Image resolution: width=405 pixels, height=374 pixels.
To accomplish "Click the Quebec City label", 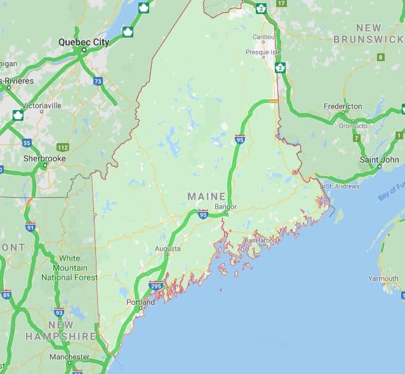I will point(84,42).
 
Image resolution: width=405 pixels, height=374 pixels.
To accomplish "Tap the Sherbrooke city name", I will point(44,158).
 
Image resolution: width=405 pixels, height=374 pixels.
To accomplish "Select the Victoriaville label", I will point(42,104).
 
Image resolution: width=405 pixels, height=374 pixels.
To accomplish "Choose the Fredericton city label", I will point(343,106).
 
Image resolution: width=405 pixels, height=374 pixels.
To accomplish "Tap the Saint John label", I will point(379,160).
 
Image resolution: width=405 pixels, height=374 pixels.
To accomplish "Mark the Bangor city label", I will point(225,207).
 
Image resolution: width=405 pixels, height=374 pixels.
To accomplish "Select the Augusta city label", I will point(168,249).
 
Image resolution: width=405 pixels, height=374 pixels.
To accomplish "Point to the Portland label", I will point(140,302).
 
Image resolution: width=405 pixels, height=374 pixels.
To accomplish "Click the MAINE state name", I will point(206,197).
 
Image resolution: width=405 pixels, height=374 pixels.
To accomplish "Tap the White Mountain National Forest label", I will point(70,268).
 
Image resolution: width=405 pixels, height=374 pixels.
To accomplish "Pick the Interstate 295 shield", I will point(156,287).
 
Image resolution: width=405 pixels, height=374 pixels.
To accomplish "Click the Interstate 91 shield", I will point(30,227).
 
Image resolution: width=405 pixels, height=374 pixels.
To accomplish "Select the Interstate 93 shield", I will point(59,312).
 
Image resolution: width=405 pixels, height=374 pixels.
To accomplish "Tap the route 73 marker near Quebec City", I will point(98,81).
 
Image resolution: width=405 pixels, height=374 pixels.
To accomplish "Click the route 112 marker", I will point(62,148).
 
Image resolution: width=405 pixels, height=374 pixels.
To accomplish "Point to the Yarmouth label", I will point(383,279).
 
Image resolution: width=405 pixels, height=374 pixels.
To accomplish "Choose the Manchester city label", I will point(70,357).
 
